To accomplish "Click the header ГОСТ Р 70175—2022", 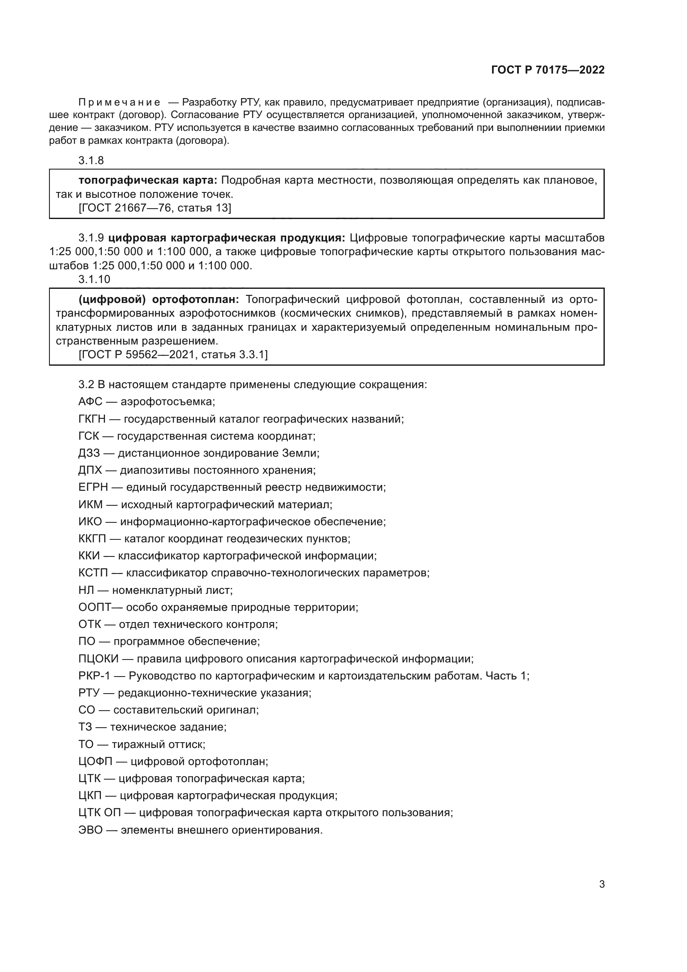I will tap(548, 70).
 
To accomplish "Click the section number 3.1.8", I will tap(91, 160).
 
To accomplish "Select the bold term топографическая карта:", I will tap(147, 180).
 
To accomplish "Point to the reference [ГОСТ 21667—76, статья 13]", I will tap(155, 208).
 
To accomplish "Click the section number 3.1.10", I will tap(94, 279).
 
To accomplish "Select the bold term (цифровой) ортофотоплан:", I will tap(159, 299).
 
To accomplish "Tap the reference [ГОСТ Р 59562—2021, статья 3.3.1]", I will tap(173, 354).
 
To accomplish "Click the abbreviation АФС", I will tap(90, 401).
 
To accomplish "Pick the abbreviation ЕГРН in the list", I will tap(93, 487).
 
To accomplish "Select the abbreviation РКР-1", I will tap(94, 676).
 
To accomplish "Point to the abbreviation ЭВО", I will tap(91, 830).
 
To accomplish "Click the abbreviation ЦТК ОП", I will tap(99, 813).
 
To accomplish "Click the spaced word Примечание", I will tap(119, 103).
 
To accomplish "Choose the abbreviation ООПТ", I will tap(94, 608).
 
